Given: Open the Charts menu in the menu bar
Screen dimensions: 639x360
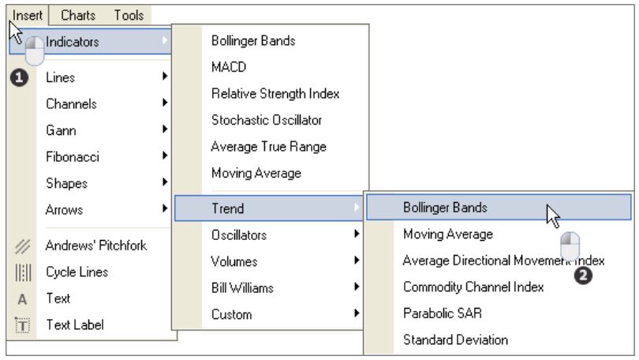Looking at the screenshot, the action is tap(78, 16).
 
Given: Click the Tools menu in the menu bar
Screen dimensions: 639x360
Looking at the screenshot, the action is tap(129, 16).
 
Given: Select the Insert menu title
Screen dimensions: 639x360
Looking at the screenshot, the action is tap(28, 16).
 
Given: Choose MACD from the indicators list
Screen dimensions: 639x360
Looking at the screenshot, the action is tap(229, 67).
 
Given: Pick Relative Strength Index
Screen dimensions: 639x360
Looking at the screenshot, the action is tap(275, 94).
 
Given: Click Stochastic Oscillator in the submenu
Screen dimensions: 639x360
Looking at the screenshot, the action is tap(267, 120).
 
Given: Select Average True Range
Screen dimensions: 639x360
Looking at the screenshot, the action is tap(268, 147).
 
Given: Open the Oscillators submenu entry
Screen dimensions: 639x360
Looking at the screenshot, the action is tap(239, 235).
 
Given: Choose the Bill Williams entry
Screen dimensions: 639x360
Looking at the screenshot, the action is tap(242, 288).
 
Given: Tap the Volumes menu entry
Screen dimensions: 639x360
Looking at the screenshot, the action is tap(234, 262).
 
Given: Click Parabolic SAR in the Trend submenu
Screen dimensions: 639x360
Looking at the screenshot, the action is tap(442, 313).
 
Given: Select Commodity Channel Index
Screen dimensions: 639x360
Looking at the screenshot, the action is tap(473, 287).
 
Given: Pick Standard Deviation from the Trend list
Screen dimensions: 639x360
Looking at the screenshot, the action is tap(455, 340).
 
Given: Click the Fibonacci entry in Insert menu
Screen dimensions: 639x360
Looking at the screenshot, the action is tap(72, 157).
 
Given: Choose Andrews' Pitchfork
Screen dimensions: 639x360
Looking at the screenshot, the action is tap(95, 246).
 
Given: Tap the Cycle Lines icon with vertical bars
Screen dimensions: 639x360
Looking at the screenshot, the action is tap(23, 272).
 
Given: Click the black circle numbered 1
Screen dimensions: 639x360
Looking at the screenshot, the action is tap(19, 78).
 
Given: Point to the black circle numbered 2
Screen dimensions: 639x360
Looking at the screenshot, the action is tap(583, 276).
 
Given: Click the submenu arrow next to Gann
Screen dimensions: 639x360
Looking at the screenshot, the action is tap(165, 129).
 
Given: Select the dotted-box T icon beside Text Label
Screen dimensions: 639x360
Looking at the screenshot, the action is tap(22, 325).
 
